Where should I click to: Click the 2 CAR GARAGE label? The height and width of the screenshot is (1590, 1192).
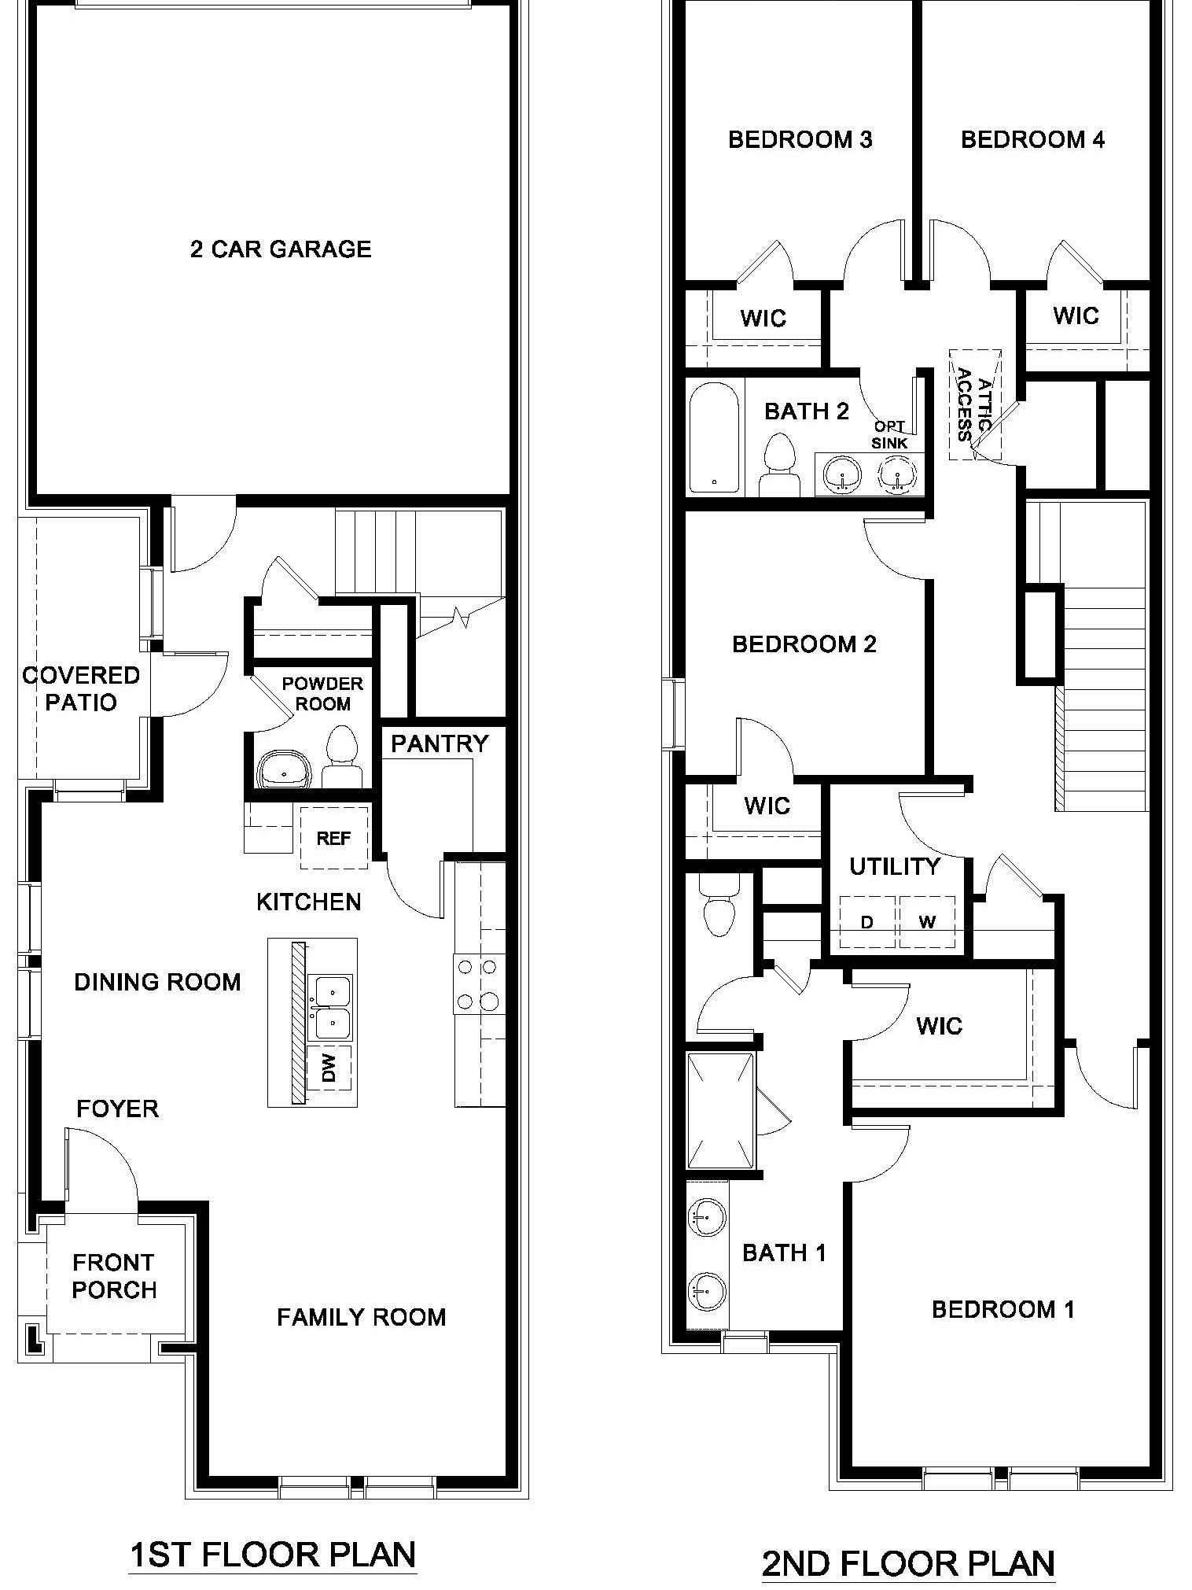pyautogui.click(x=280, y=249)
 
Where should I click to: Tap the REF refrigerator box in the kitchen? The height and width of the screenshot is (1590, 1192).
pyautogui.click(x=333, y=838)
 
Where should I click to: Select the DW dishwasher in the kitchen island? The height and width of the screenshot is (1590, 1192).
pyautogui.click(x=329, y=1068)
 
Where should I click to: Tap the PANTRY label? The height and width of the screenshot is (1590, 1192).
pyautogui.click(x=440, y=743)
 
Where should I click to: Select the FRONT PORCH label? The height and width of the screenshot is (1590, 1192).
pyautogui.click(x=114, y=1276)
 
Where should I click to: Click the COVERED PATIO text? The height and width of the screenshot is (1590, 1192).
pyautogui.click(x=81, y=688)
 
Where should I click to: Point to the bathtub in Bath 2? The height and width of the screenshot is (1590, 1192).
pyautogui.click(x=714, y=437)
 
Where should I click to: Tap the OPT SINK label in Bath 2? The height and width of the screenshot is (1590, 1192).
pyautogui.click(x=889, y=435)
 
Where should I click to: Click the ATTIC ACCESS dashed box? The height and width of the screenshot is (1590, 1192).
pyautogui.click(x=974, y=404)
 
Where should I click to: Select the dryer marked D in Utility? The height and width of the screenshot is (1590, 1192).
pyautogui.click(x=867, y=922)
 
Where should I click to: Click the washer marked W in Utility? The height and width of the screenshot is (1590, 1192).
pyautogui.click(x=927, y=922)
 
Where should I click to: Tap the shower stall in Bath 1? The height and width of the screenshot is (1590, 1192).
pyautogui.click(x=720, y=1112)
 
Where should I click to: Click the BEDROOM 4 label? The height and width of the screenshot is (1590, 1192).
pyautogui.click(x=1032, y=140)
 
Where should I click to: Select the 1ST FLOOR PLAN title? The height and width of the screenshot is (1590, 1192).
pyautogui.click(x=272, y=1555)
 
